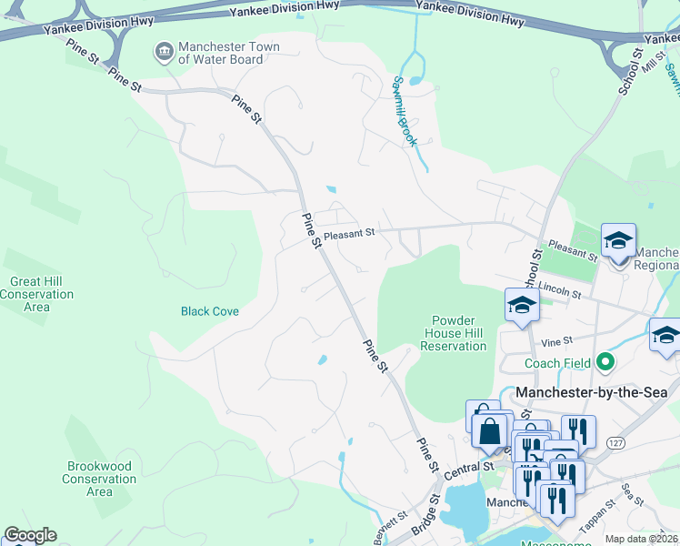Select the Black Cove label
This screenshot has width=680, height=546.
point(210,311)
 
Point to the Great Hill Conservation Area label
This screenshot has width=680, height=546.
point(36,294)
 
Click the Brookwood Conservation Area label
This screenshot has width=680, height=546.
point(99,479)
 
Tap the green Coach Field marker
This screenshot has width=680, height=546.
point(603,363)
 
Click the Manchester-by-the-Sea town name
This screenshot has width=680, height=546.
point(591,392)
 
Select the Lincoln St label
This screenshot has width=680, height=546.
point(559,290)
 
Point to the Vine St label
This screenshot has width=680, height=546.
point(555,341)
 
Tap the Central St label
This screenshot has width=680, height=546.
point(469,468)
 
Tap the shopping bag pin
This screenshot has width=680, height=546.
point(490,430)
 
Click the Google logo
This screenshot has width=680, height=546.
point(30,535)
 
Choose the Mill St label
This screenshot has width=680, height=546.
point(653,62)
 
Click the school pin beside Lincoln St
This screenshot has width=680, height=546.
point(523,306)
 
